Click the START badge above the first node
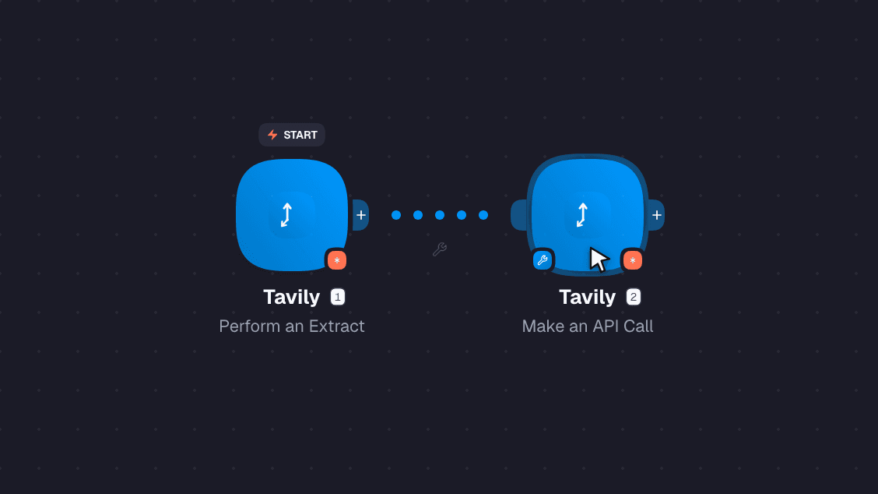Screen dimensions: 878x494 click(292, 135)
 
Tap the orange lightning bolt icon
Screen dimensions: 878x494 click(272, 135)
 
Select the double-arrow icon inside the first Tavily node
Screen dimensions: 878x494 click(286, 215)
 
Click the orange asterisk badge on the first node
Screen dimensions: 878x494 click(336, 260)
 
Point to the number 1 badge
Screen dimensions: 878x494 click(338, 297)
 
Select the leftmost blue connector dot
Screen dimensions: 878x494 click(396, 215)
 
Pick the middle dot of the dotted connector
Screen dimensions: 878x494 click(440, 215)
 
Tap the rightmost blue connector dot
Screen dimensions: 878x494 click(483, 215)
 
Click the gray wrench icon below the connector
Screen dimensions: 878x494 click(440, 249)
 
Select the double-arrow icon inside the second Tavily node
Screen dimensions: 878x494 click(582, 215)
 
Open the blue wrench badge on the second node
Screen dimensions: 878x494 click(543, 260)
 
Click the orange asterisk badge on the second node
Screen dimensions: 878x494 click(633, 260)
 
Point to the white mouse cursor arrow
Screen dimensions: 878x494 click(599, 259)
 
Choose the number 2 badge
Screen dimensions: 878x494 click(634, 297)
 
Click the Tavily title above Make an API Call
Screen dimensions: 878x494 click(588, 297)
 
